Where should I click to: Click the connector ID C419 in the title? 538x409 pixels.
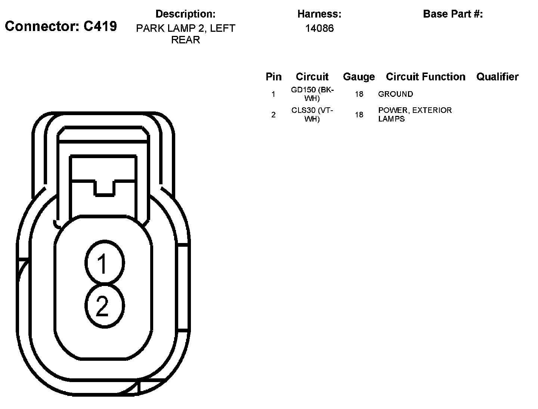click(x=100, y=26)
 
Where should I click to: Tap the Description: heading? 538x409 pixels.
click(x=186, y=14)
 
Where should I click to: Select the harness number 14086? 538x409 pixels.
click(x=319, y=28)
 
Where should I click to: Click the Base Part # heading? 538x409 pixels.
click(x=453, y=14)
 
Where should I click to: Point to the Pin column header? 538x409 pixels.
click(x=273, y=77)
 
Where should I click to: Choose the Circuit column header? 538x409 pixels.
click(x=312, y=77)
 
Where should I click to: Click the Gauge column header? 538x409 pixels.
click(x=359, y=77)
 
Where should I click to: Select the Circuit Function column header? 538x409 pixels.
click(x=426, y=77)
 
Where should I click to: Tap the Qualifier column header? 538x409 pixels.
click(x=497, y=77)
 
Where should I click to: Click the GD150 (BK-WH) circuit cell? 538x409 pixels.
click(x=312, y=94)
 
